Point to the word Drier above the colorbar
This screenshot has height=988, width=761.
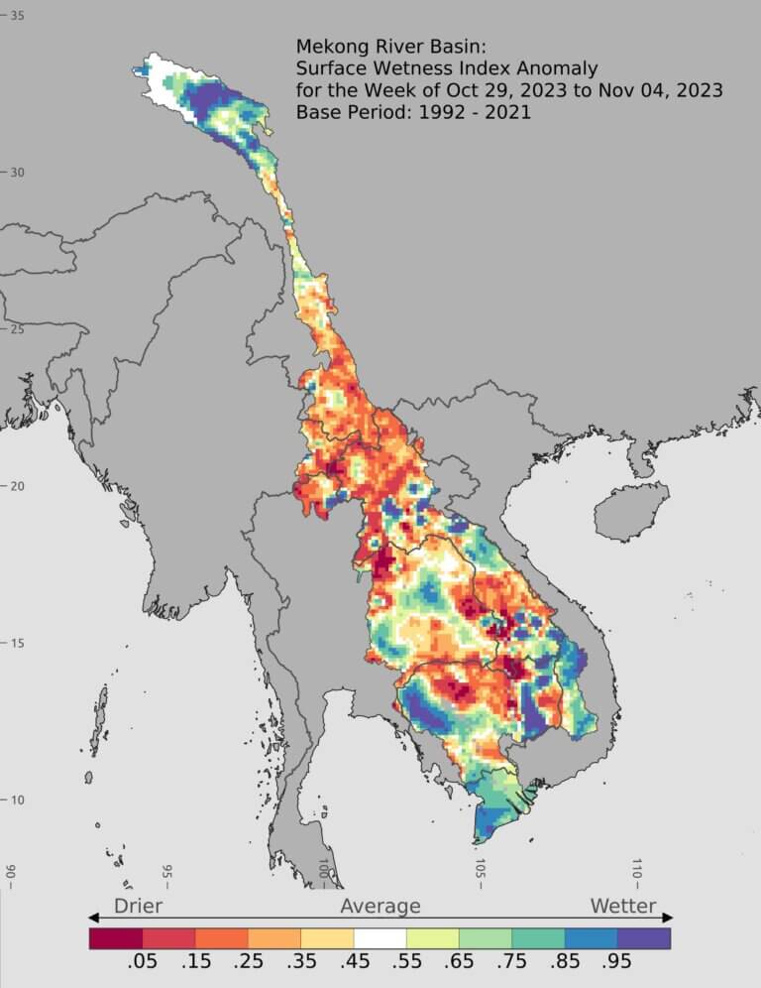pyautogui.click(x=138, y=906)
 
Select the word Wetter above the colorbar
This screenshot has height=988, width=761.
pyautogui.click(x=623, y=906)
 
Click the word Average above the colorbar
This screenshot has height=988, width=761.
pyautogui.click(x=380, y=906)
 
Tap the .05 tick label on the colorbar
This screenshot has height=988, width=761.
pyautogui.click(x=143, y=963)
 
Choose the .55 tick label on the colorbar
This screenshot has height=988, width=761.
pyautogui.click(x=406, y=963)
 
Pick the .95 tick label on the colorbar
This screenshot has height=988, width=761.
pyautogui.click(x=617, y=963)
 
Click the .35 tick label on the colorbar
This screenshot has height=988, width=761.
pyautogui.click(x=301, y=963)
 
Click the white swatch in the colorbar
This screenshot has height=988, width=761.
pyautogui.click(x=380, y=937)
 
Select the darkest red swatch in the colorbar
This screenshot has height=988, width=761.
pyautogui.click(x=116, y=937)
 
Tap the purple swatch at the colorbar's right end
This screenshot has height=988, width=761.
pyautogui.click(x=644, y=937)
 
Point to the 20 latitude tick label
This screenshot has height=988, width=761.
pyautogui.click(x=18, y=486)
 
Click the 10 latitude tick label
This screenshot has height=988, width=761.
pyautogui.click(x=18, y=800)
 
